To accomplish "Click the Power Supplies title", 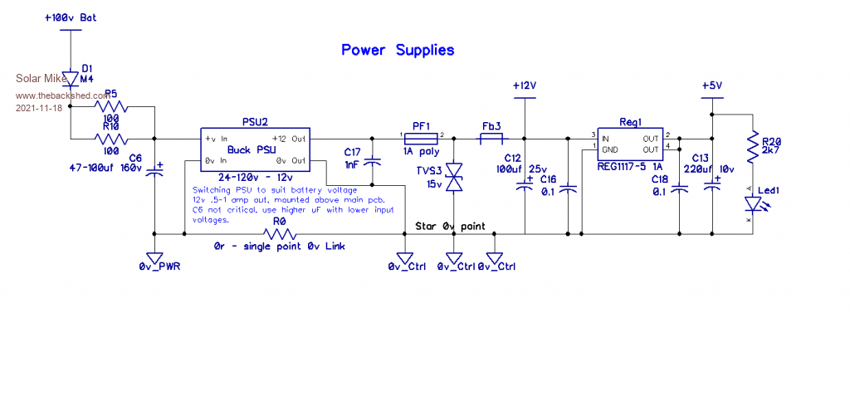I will coord(398,50).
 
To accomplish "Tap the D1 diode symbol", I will coord(71,78).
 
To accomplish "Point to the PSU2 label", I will coord(255,121).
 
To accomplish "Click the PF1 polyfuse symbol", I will coord(422,138).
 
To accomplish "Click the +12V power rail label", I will coord(525,86).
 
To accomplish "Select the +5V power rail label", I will coord(711,86).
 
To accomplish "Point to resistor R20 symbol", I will coord(752,148).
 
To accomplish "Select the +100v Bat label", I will coord(71,17).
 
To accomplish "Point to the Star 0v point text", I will coord(450,226).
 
